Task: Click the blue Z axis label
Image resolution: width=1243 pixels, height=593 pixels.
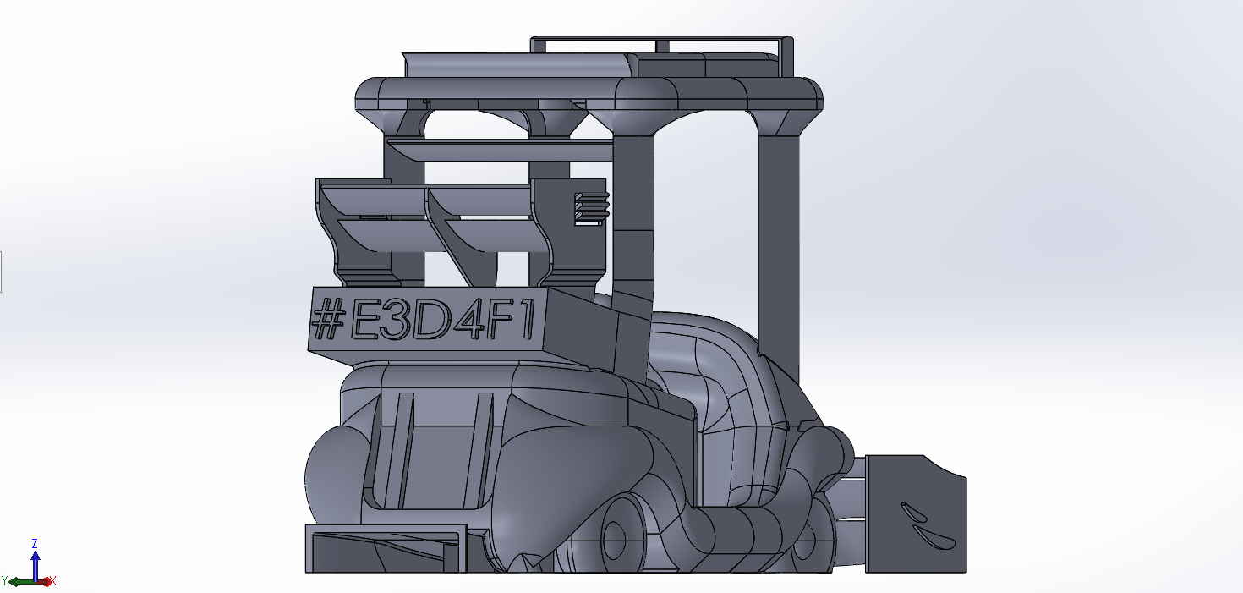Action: click(35, 543)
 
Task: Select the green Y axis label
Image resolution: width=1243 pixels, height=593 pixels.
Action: click(5, 581)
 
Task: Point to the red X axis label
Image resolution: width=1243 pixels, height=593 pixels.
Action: click(52, 581)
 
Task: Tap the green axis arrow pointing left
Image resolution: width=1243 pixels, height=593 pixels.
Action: click(19, 582)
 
